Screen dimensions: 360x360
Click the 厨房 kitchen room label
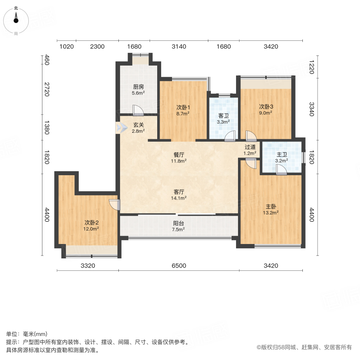click(138, 87)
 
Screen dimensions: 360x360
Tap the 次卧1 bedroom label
click(183, 107)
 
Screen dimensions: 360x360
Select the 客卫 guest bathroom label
click(223, 116)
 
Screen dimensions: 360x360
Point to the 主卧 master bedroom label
click(271, 207)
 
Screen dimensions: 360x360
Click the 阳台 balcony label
click(179, 223)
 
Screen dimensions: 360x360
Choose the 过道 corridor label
click(250, 147)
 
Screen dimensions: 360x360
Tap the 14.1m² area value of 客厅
click(179, 198)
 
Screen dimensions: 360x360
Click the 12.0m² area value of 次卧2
click(91, 229)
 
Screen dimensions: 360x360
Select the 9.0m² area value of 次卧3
click(266, 113)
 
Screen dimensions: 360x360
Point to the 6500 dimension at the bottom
click(179, 266)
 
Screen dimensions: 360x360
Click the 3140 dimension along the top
click(179, 47)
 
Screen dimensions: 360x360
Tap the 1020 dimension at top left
click(66, 47)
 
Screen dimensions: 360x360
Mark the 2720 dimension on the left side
click(47, 89)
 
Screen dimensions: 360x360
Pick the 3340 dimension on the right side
click(312, 109)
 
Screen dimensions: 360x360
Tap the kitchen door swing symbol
click(138, 110)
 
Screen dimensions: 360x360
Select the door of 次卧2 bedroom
click(114, 204)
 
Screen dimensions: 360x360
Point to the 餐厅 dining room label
click(179, 155)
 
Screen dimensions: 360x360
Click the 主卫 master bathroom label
click(282, 154)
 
